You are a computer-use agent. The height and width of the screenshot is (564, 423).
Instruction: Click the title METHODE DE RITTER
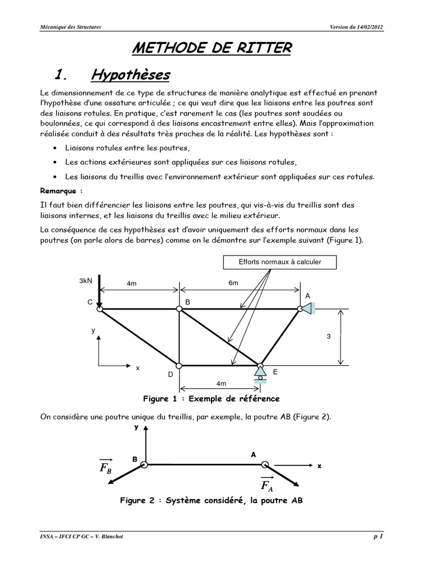tap(211, 48)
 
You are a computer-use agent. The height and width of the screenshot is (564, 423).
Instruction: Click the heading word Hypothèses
tap(130, 75)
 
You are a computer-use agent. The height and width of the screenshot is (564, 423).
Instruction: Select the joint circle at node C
tap(100, 309)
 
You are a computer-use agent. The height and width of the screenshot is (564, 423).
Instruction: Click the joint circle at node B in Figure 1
tap(179, 309)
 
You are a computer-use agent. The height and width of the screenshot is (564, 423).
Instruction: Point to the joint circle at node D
tap(179, 365)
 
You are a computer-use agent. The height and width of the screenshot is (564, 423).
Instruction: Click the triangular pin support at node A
tap(307, 309)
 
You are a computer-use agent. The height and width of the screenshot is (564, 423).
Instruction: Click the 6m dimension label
tap(234, 283)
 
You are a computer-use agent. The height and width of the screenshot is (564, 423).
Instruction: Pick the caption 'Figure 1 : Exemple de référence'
tap(211, 398)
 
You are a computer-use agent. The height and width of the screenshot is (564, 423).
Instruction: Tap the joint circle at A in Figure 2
tap(265, 465)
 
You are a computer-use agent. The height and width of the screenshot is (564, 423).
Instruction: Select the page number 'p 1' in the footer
tap(378, 537)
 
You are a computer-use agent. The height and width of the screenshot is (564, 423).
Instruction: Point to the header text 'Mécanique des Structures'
tap(70, 27)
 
